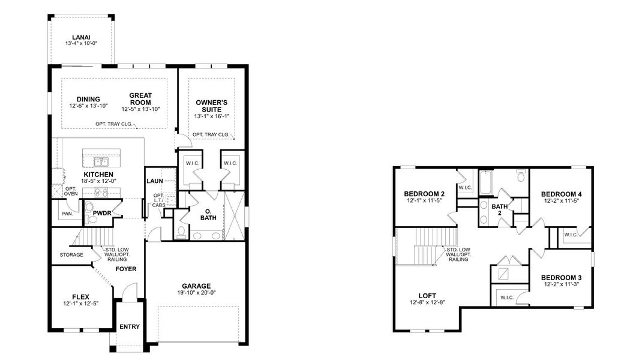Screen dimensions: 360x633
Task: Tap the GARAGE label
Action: [196, 286]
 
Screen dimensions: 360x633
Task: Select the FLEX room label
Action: [80, 296]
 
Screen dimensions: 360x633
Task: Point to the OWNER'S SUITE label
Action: [211, 106]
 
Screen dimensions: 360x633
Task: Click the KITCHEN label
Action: [98, 174]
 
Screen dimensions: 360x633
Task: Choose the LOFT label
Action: [428, 295]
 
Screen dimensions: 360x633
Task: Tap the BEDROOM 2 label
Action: [424, 193]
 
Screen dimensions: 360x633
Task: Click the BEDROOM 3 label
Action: [561, 277]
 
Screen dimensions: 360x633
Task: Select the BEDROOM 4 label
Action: [561, 194]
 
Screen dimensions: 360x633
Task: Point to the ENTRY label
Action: [130, 327]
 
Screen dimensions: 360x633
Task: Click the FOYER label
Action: [126, 269]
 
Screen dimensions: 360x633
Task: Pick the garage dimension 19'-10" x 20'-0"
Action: [196, 293]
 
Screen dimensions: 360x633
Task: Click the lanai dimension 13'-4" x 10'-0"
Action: [81, 44]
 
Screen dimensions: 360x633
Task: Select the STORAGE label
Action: [71, 255]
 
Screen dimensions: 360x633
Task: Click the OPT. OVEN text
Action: [71, 191]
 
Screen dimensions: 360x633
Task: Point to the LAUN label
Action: [155, 181]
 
